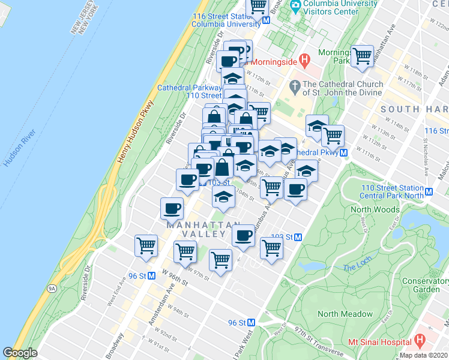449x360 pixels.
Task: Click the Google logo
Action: [20, 353]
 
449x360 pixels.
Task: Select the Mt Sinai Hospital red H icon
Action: [420, 340]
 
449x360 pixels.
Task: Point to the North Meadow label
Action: [342, 314]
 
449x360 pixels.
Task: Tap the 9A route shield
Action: [53, 288]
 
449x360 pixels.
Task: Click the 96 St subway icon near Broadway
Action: [151, 276]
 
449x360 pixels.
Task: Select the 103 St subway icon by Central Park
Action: [298, 237]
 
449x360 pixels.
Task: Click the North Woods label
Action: [375, 209]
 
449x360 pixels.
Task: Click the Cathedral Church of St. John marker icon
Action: [295, 88]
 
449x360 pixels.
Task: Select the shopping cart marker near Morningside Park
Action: [362, 56]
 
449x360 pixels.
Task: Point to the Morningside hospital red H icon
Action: [304, 60]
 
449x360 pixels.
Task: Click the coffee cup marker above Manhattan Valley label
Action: [172, 208]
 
